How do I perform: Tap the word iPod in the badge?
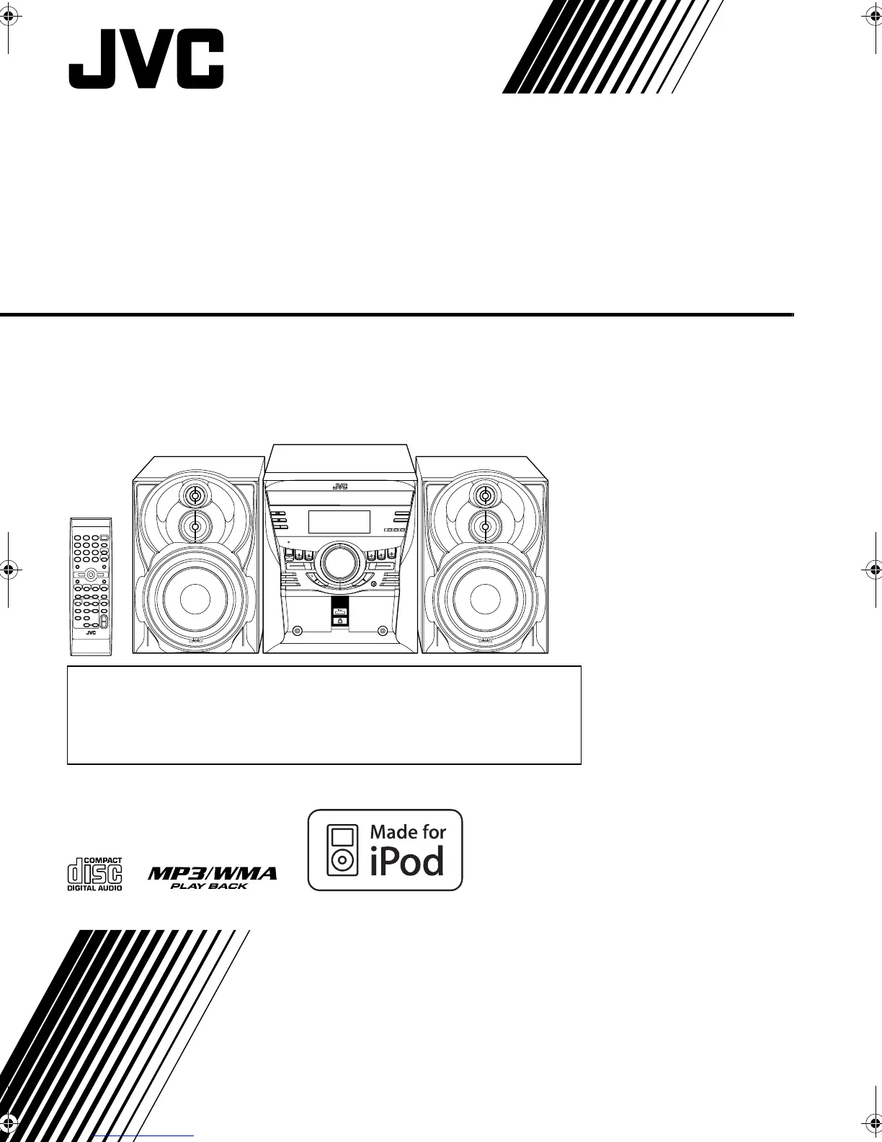pyautogui.click(x=408, y=861)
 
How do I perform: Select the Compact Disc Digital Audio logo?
pyautogui.click(x=94, y=874)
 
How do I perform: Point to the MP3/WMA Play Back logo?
pyautogui.click(x=212, y=877)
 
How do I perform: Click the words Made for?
pyautogui.click(x=408, y=831)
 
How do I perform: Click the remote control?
pyautogui.click(x=91, y=586)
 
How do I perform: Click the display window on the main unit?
pyautogui.click(x=339, y=522)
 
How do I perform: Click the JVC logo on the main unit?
pyautogui.click(x=340, y=486)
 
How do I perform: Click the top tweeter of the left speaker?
pyautogui.click(x=194, y=495)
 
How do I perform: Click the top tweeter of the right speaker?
pyautogui.click(x=486, y=495)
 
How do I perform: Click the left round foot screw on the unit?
pyautogui.click(x=297, y=632)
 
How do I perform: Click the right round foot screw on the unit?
pyautogui.click(x=383, y=632)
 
